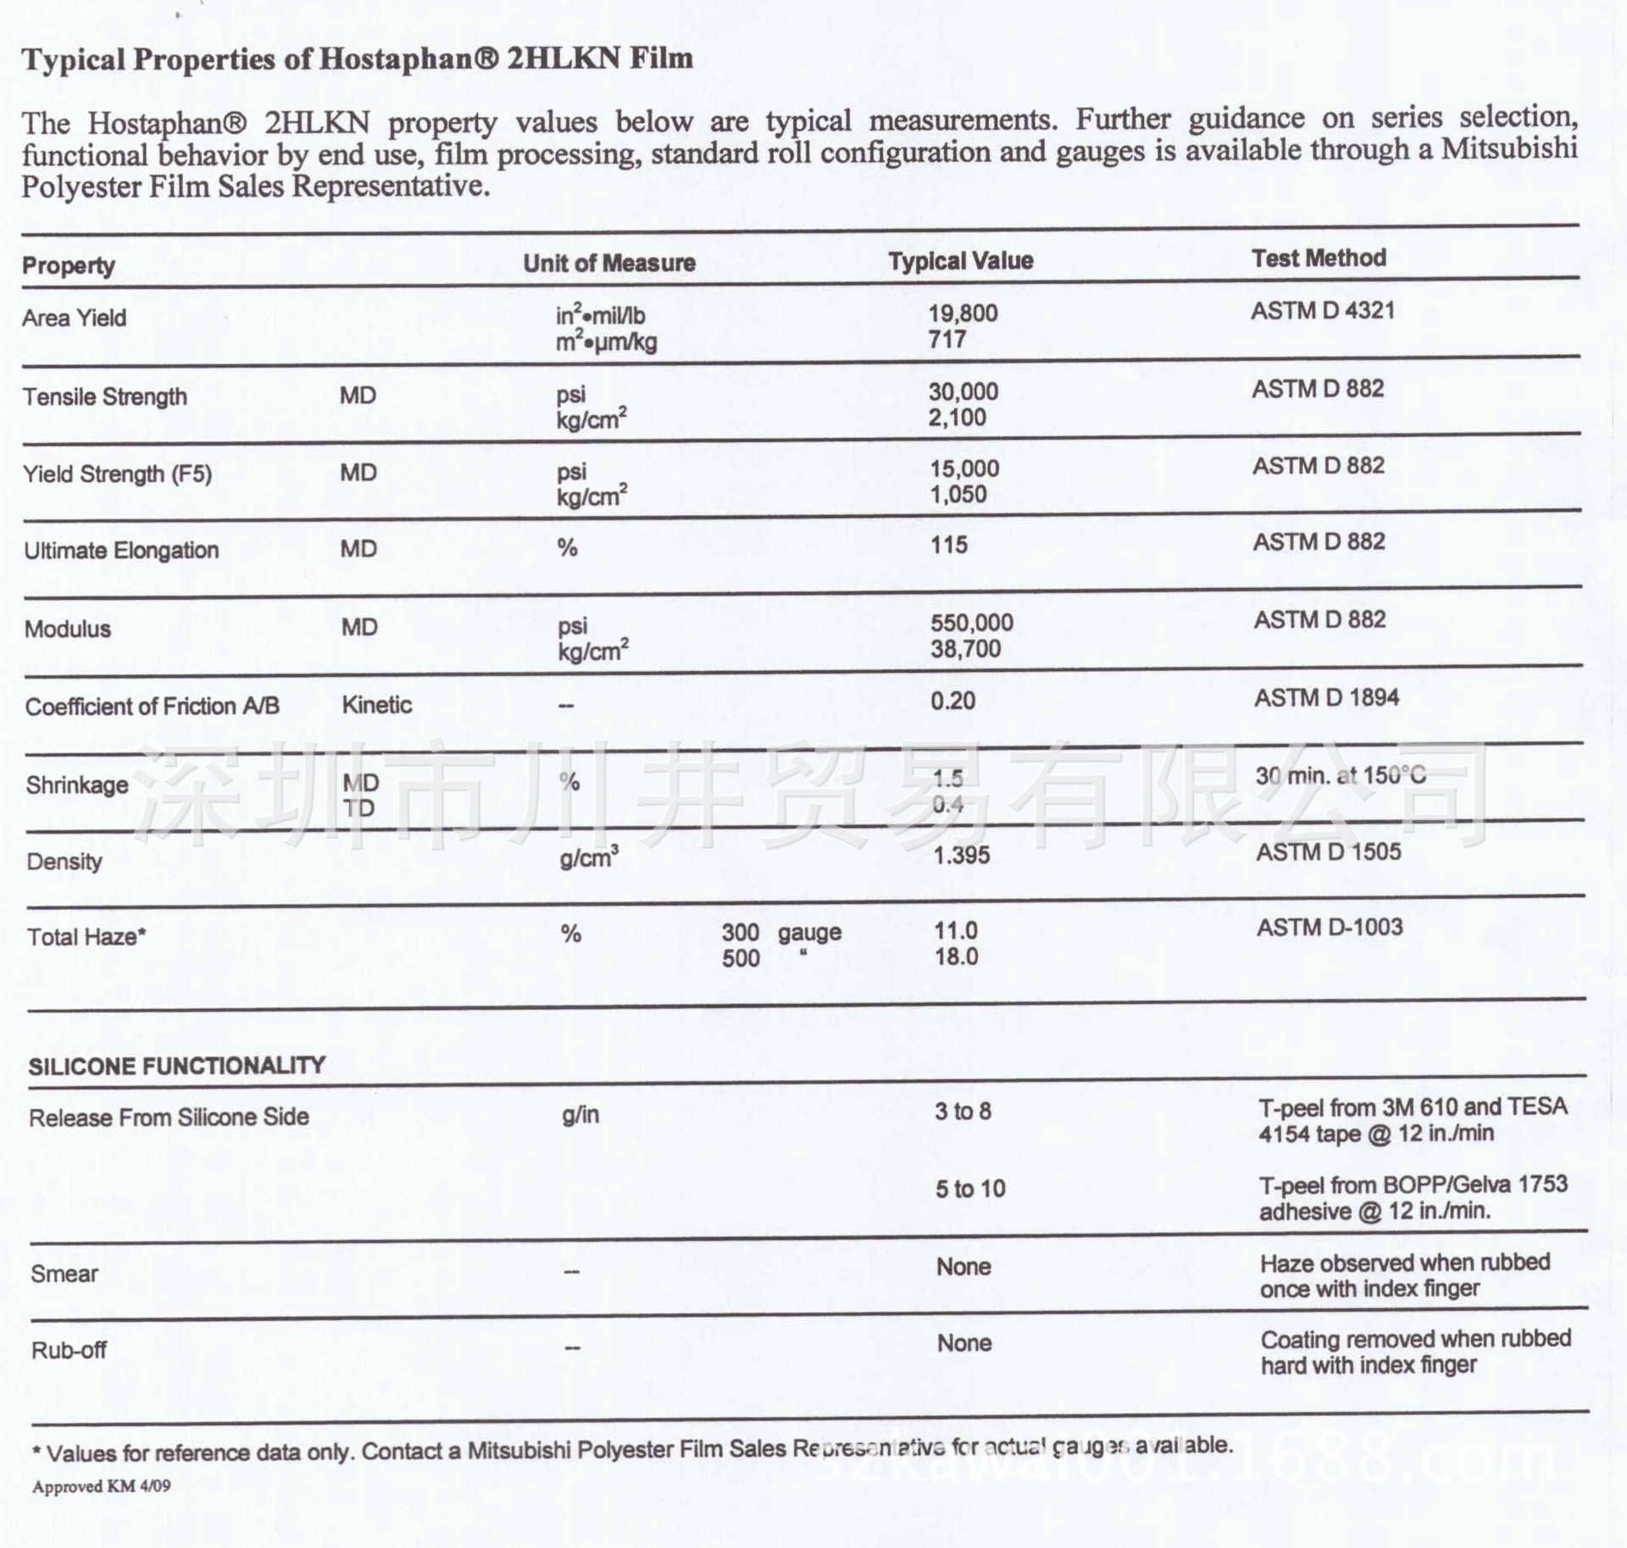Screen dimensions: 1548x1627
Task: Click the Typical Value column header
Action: (x=960, y=261)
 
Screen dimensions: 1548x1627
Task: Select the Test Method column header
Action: (x=1319, y=258)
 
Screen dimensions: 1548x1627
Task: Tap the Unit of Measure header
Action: (x=608, y=264)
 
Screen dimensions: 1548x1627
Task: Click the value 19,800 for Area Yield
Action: (x=963, y=313)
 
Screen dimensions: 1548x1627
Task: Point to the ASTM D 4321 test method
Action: (x=1322, y=311)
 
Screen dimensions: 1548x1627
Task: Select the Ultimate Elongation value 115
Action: (x=949, y=545)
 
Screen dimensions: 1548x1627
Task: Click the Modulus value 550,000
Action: (x=971, y=623)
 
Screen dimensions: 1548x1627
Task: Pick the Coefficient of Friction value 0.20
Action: (x=952, y=701)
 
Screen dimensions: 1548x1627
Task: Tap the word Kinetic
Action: (x=376, y=705)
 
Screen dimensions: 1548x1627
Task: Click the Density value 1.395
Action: (x=961, y=855)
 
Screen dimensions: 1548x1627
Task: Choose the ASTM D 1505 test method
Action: (x=1328, y=852)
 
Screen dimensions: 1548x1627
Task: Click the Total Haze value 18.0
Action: (x=956, y=957)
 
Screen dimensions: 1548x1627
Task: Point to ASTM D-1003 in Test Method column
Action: (x=1329, y=928)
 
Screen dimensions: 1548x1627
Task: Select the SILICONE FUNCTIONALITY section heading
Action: (x=176, y=1066)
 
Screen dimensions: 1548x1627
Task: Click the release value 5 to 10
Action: (x=970, y=1189)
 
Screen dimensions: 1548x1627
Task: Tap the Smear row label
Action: (x=64, y=1274)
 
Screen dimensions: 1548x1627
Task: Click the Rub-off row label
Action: (x=69, y=1351)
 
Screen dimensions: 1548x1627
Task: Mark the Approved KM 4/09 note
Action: (x=101, y=1487)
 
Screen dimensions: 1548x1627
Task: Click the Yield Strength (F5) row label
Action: (x=117, y=474)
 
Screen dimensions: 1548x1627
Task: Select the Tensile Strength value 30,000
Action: (x=963, y=391)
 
